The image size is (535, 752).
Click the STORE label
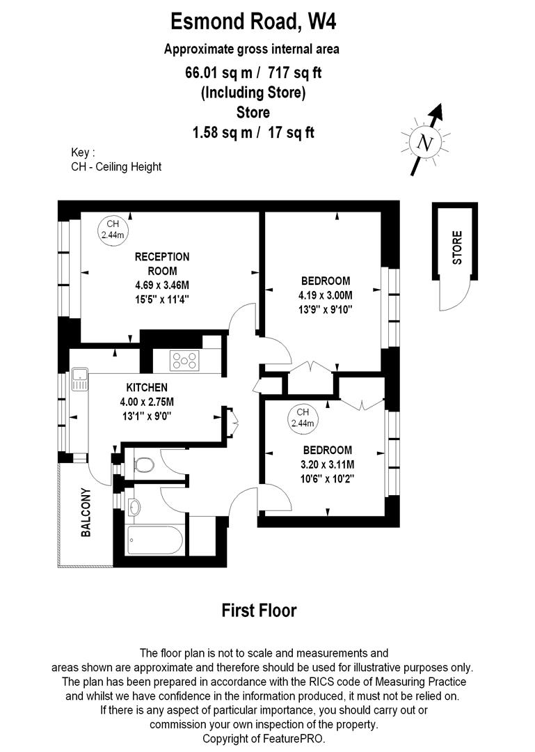[x=457, y=247]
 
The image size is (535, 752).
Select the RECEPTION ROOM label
[x=161, y=264]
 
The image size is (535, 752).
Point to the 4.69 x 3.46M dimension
[x=162, y=285]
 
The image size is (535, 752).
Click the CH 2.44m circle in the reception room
[x=111, y=229]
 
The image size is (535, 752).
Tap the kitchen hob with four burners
[x=185, y=361]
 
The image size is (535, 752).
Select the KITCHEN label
[x=147, y=387]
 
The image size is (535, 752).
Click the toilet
[x=144, y=464]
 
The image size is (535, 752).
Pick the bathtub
[x=154, y=540]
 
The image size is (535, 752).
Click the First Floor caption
[x=259, y=611]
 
